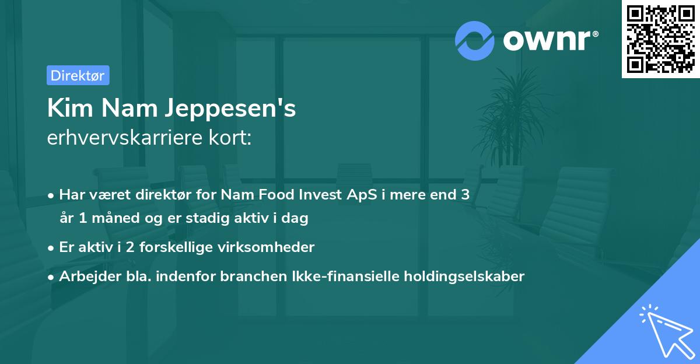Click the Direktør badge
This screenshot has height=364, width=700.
coord(78,75)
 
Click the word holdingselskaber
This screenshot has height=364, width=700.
coord(466,276)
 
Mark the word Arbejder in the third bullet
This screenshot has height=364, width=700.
coord(86,276)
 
